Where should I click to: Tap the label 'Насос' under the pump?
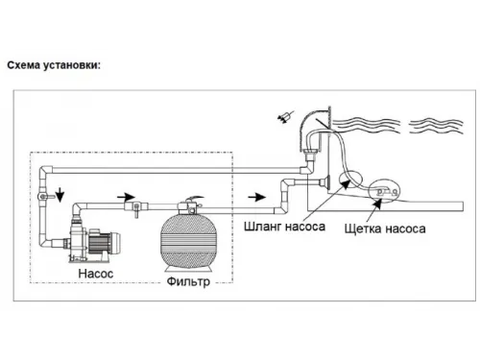pos(99,274)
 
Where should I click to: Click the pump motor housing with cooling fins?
pos(108,240)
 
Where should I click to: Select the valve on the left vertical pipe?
pos(42,196)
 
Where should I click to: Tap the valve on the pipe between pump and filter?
pos(143,206)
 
